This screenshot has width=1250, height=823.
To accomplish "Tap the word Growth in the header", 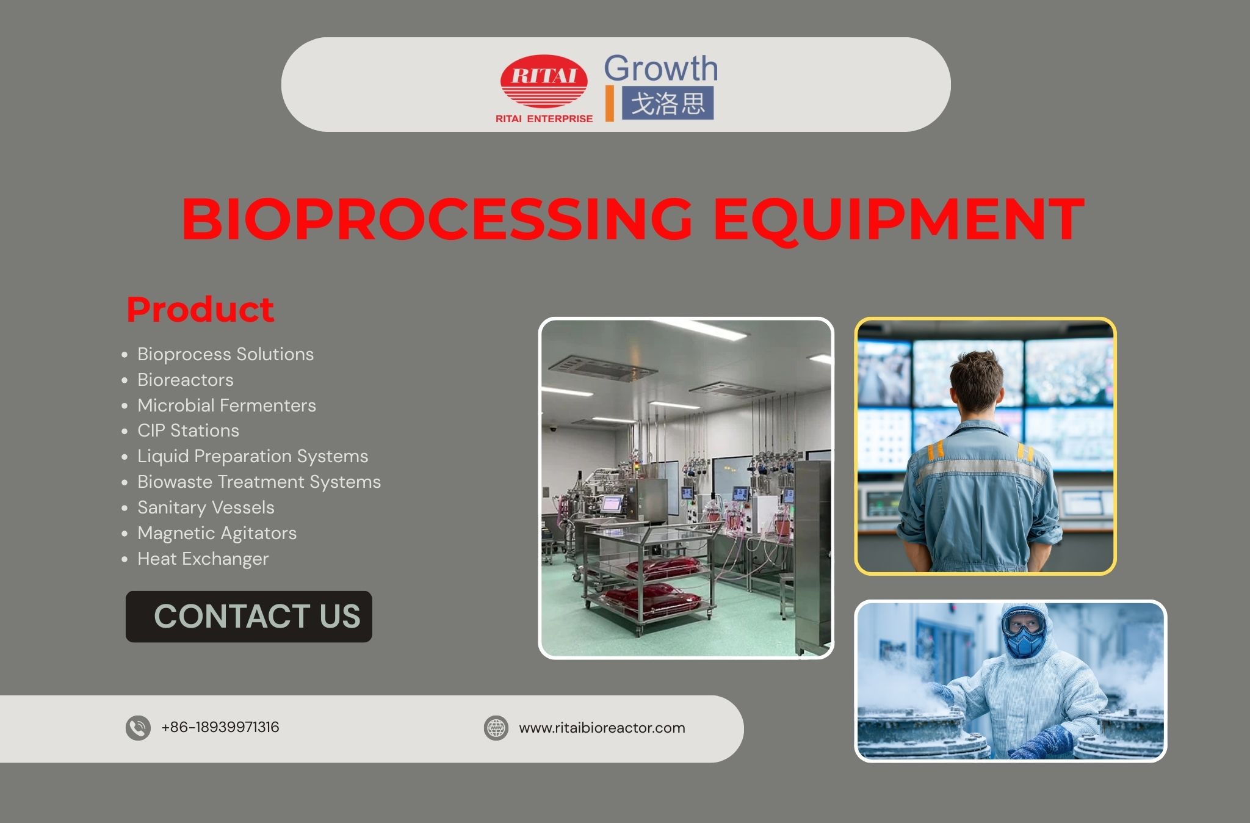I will pos(660,68).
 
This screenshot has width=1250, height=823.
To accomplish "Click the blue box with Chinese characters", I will pos(668,103).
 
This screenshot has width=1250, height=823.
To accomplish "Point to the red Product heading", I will pos(200,309).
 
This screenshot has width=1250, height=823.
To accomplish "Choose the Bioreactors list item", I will pos(185,380).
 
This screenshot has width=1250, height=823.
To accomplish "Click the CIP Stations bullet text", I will pos(188,430).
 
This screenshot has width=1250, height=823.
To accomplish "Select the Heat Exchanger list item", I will pos(203,559).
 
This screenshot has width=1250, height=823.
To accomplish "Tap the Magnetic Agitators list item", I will pos(217,533).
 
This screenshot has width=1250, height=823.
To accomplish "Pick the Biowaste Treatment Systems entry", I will pos(259,482).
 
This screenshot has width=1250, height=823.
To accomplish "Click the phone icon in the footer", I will pos(138,728).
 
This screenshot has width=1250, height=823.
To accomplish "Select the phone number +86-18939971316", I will pos(220,727).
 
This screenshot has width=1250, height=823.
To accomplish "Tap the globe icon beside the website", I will pos(496,728).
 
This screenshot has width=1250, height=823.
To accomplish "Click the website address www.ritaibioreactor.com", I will pos(602,728).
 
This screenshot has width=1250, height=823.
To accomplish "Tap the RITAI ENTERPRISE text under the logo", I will pos(544,119).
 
